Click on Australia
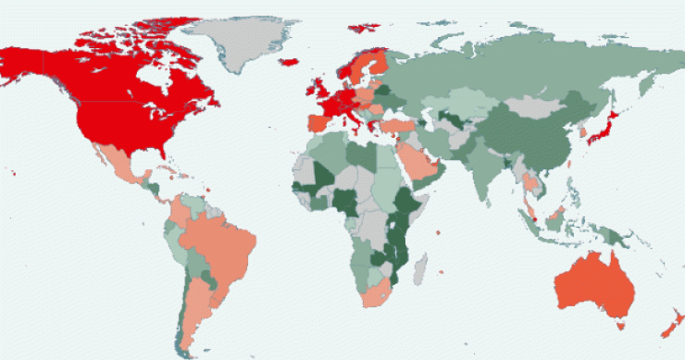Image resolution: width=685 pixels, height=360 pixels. point(598,287)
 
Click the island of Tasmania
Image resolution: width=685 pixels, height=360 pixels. point(620,325)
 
